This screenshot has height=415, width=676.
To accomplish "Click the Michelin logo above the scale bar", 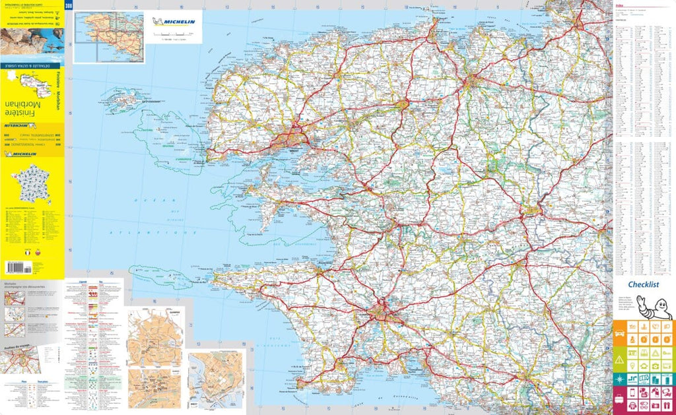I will click(174, 22).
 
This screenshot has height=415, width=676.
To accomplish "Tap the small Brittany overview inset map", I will click(109, 36).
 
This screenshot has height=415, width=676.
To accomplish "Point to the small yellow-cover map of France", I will click(32, 184).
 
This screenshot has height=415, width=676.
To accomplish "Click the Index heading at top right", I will click(619, 6).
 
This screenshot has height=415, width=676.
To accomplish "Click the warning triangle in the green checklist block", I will click(621, 359).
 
